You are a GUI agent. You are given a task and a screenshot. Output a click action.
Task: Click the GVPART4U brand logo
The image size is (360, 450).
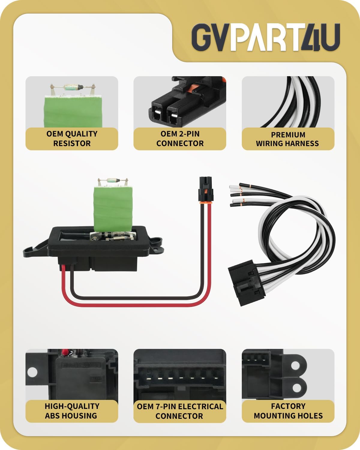point(265,37)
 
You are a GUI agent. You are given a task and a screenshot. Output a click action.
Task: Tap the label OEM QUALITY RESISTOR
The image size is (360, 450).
point(72,139)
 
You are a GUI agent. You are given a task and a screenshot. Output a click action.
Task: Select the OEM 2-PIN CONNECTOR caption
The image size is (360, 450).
point(180,139)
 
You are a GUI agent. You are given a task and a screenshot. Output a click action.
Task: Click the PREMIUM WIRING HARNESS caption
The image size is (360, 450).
point(288,139)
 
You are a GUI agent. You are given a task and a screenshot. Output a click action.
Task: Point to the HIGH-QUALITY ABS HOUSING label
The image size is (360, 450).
point(72,411)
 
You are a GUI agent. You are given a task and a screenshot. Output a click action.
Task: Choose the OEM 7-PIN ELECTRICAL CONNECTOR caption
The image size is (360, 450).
point(180,411)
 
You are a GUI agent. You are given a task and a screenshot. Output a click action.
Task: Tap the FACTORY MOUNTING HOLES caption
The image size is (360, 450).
point(288,411)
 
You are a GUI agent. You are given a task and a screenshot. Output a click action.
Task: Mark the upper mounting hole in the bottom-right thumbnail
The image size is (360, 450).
point(296,365)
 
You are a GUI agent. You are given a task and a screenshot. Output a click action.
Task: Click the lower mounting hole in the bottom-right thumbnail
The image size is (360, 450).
point(296,387)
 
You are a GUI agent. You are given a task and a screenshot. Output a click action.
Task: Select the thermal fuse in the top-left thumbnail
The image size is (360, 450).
point(72,88)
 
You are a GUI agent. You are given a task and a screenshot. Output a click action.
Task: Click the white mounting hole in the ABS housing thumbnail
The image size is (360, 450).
point(32,372)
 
